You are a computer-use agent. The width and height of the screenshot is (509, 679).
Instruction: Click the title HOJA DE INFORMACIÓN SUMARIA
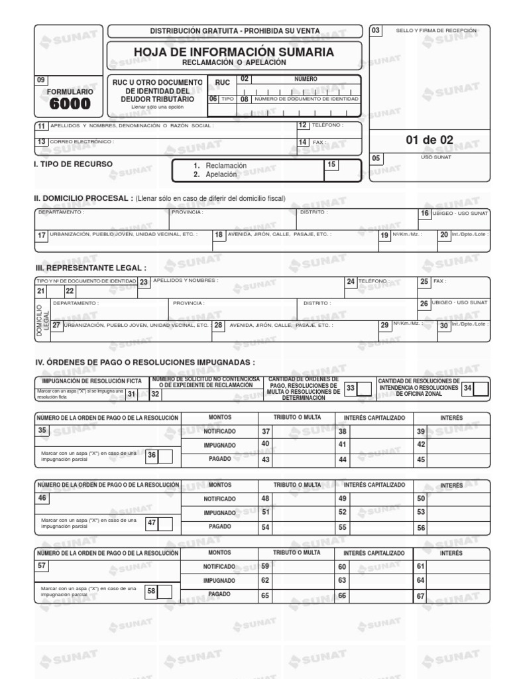click(234, 52)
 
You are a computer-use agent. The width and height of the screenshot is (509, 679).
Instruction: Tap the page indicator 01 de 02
click(429, 140)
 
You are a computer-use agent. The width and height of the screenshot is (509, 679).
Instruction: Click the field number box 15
click(331, 164)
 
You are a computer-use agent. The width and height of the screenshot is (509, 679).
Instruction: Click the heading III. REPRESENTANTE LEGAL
click(90, 268)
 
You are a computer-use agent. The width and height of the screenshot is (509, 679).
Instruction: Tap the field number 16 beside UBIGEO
click(425, 214)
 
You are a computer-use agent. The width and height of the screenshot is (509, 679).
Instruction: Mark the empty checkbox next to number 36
click(166, 455)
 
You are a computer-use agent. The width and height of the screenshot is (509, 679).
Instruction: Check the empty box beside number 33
click(364, 389)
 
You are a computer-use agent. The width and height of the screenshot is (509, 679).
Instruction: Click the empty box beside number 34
click(481, 389)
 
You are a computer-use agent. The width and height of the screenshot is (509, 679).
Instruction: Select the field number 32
click(156, 395)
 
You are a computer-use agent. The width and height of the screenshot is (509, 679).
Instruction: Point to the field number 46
click(42, 498)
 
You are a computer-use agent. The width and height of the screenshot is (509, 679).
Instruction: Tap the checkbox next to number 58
click(166, 591)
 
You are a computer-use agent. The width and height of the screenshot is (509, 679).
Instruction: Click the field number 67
click(420, 596)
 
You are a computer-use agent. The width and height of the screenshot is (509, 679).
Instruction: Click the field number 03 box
click(376, 31)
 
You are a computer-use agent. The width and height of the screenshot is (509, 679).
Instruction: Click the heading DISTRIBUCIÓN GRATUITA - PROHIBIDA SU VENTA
click(235, 31)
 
